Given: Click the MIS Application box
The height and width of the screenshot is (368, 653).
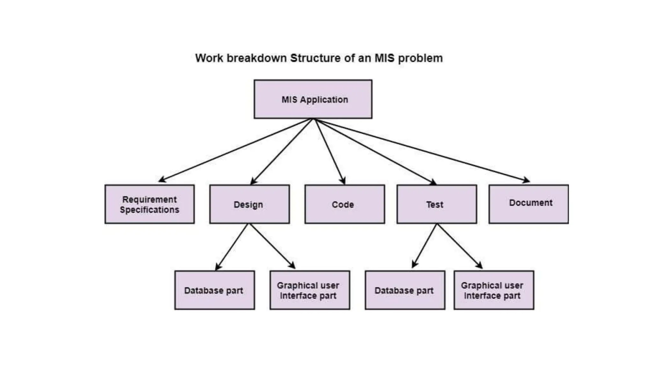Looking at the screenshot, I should (x=313, y=99).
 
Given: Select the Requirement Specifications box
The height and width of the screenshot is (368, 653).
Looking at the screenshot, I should (x=150, y=204).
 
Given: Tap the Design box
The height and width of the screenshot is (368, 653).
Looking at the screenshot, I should (x=249, y=204).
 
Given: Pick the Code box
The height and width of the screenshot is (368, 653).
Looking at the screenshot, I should (x=344, y=204).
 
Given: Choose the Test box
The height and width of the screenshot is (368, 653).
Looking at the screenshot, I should (x=437, y=204).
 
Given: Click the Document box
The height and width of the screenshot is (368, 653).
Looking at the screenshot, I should (x=528, y=204).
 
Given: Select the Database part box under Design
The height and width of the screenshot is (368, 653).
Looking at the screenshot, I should (x=214, y=290).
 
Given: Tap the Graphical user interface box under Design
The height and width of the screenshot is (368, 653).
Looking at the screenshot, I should (x=310, y=290).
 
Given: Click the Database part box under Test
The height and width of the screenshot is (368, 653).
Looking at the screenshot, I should (x=405, y=290).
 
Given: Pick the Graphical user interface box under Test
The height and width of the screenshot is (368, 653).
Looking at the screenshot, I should (x=494, y=290).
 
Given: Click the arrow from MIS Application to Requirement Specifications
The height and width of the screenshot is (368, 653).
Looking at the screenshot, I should (x=236, y=150).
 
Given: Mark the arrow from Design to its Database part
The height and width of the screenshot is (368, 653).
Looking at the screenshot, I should (x=232, y=247).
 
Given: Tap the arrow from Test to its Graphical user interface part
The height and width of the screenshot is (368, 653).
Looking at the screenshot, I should (x=459, y=246).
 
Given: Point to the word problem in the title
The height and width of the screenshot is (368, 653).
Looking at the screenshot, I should (x=420, y=58).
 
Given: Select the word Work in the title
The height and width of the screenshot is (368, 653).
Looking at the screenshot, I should (x=209, y=58).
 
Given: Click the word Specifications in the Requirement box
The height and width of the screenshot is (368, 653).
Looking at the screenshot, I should (x=150, y=210).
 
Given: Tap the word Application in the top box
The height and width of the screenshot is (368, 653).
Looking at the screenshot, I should (x=324, y=100).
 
